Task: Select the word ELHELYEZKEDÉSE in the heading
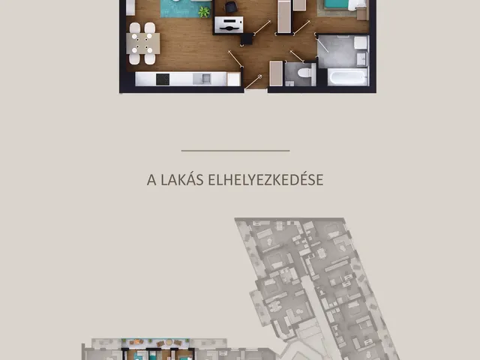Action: [265, 180]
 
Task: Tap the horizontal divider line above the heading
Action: [235, 151]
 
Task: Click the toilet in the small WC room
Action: [305, 73]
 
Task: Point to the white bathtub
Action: [347, 76]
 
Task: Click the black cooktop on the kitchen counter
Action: [163, 79]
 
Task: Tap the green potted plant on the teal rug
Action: [204, 12]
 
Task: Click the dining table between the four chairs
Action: [143, 43]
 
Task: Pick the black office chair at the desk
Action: [231, 7]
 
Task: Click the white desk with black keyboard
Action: [229, 25]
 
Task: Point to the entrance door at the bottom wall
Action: [253, 82]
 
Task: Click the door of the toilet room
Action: [297, 56]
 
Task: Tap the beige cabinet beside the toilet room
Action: [276, 73]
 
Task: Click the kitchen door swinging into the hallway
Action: [235, 58]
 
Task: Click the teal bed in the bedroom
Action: [336, 4]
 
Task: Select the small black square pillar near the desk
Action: [247, 39]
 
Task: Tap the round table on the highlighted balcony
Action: [169, 342]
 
